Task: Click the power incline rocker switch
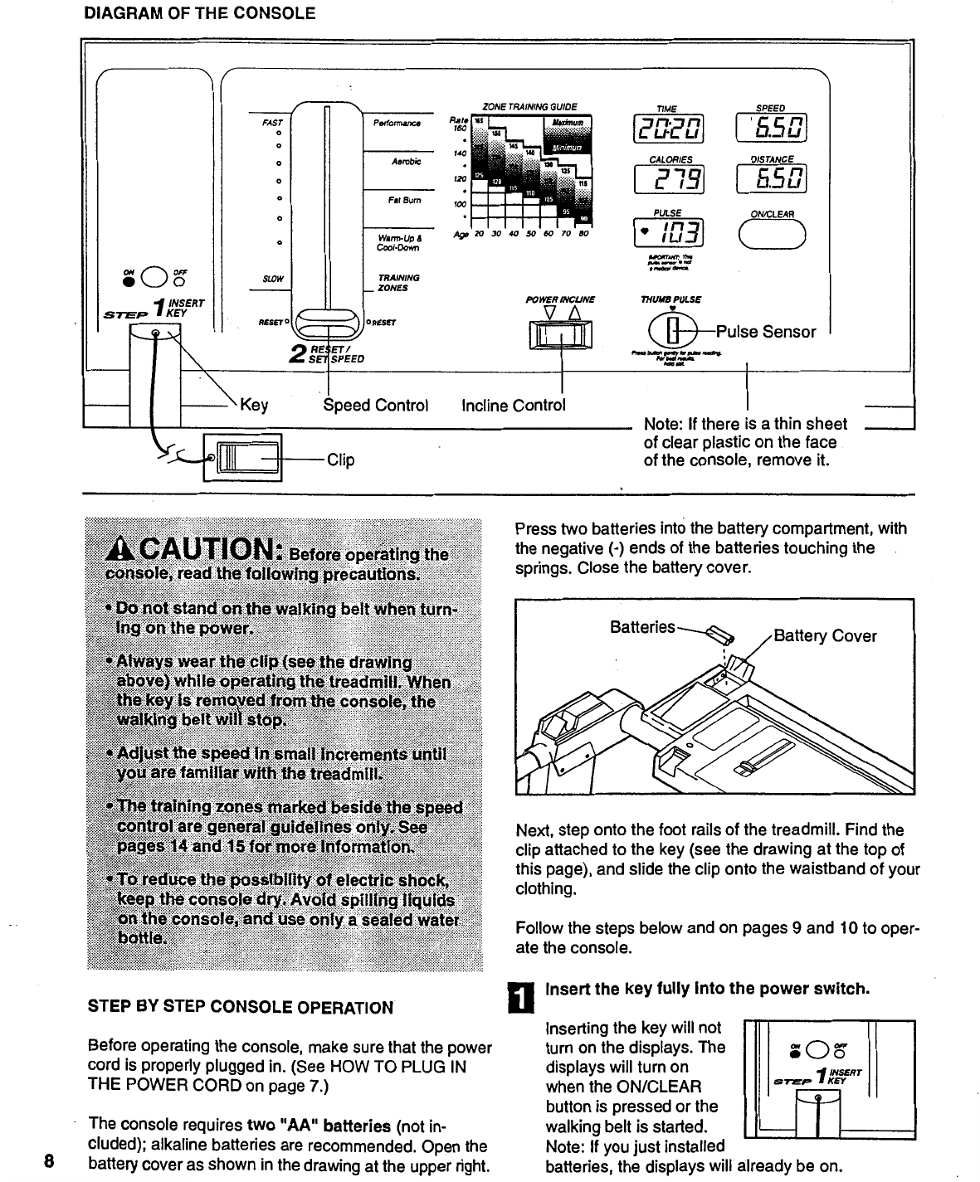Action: (x=562, y=335)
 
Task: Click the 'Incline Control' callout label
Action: (x=514, y=406)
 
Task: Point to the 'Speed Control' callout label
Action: (x=375, y=406)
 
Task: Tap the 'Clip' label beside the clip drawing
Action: (x=340, y=460)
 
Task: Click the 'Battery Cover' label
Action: (x=825, y=636)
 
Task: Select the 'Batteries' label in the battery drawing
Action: (x=642, y=628)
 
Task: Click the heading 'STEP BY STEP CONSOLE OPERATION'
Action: (x=241, y=1008)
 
